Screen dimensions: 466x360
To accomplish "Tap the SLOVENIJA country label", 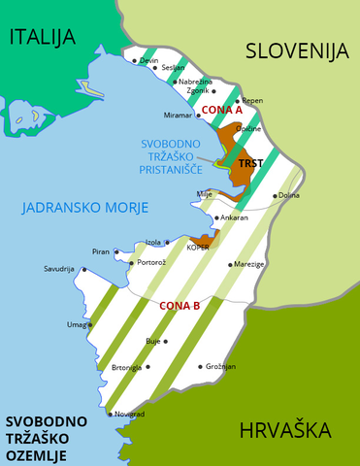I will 296,51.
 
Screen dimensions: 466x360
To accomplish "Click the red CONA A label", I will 222,110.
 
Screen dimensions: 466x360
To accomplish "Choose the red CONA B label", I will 180,305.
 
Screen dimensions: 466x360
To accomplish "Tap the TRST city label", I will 250,164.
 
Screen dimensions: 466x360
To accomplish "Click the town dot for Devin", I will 135,60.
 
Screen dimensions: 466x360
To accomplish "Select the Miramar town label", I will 180,116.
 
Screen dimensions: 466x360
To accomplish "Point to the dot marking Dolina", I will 275,195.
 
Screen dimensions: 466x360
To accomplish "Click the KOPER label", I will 198,248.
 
